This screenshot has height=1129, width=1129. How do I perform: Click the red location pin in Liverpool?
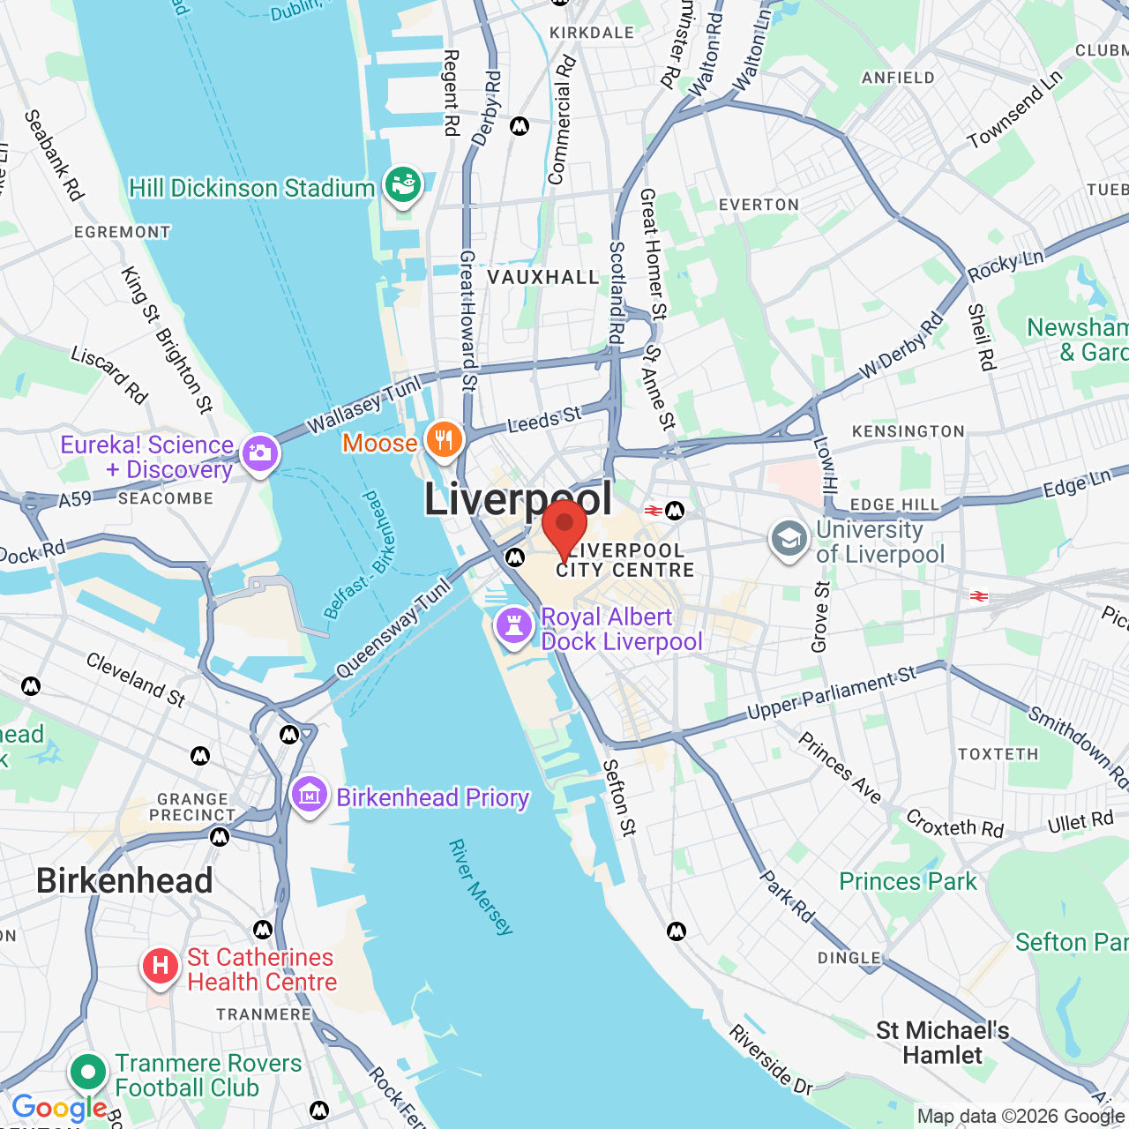564,527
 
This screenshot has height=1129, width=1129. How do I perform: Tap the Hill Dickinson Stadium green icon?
403,186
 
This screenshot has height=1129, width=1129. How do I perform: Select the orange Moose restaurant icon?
444,440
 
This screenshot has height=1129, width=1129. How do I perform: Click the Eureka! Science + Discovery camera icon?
259,454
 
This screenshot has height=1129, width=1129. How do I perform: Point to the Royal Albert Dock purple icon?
514,627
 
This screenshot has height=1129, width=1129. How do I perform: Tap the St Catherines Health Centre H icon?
160,967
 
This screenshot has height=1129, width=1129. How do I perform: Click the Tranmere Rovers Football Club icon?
87,1073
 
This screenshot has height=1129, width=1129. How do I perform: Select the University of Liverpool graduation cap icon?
789,540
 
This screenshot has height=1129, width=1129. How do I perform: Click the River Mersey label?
481,886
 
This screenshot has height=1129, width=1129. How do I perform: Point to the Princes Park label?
908,881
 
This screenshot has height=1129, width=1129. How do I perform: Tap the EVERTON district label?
759,205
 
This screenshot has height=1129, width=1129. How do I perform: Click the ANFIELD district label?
898,78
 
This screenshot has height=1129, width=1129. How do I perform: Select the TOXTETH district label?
998,754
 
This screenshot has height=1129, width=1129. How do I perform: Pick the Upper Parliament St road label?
832,693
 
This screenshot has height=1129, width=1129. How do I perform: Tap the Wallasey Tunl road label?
365,405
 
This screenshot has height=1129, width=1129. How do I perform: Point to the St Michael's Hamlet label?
942,1043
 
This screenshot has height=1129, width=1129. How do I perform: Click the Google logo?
59,1108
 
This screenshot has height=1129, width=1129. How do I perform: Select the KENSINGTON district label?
908,431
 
